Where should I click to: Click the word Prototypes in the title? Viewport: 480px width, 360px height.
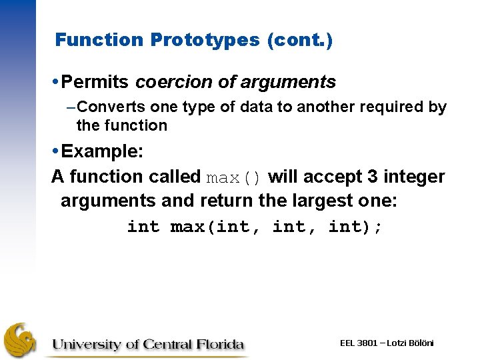coord(205,40)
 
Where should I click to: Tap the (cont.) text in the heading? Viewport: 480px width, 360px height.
coord(299,40)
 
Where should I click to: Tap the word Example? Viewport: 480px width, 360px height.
coord(102,151)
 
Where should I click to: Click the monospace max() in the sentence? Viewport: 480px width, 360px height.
coord(234,178)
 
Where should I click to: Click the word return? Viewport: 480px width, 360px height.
coord(187,201)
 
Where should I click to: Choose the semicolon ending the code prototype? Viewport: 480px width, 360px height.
coord(379,227)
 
